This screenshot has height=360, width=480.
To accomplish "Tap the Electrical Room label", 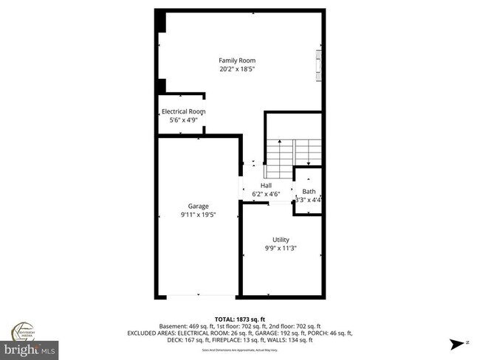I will (183, 111).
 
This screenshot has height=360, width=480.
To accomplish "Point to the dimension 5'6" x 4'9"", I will (183, 120).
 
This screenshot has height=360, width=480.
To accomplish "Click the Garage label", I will (198, 206).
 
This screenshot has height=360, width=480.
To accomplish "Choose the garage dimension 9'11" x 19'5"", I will (198, 215).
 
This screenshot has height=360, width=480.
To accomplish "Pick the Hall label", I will (266, 185).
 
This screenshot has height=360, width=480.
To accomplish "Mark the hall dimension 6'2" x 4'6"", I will (266, 194).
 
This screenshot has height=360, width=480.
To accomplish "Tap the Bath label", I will (308, 192).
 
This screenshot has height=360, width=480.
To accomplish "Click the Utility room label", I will (281, 239).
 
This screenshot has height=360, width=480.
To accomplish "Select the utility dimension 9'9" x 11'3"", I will (281, 249).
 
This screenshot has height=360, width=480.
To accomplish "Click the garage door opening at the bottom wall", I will (197, 296).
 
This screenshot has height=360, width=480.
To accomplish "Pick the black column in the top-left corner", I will (160, 22).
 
